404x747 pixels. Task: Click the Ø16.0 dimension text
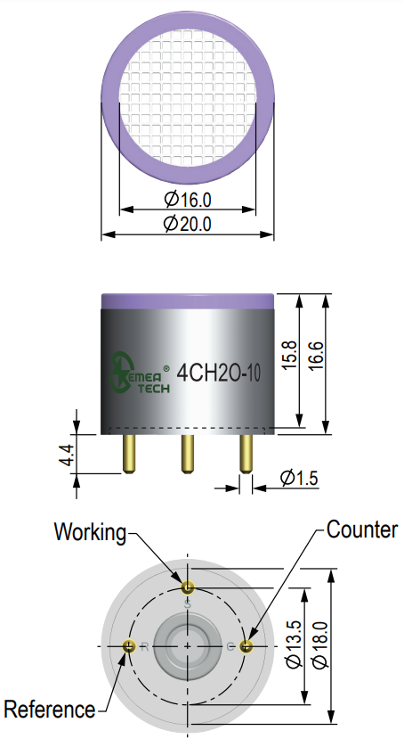click(x=188, y=199)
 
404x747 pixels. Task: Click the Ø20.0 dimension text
click(x=188, y=223)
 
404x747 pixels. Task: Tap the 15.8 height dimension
click(x=290, y=355)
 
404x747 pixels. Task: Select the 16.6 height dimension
click(x=316, y=355)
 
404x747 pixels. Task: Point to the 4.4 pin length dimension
click(x=68, y=455)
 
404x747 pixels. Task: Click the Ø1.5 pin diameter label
click(x=299, y=478)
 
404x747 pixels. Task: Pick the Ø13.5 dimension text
click(x=294, y=644)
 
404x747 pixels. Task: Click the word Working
click(x=91, y=531)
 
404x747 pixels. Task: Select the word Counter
click(x=361, y=529)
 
